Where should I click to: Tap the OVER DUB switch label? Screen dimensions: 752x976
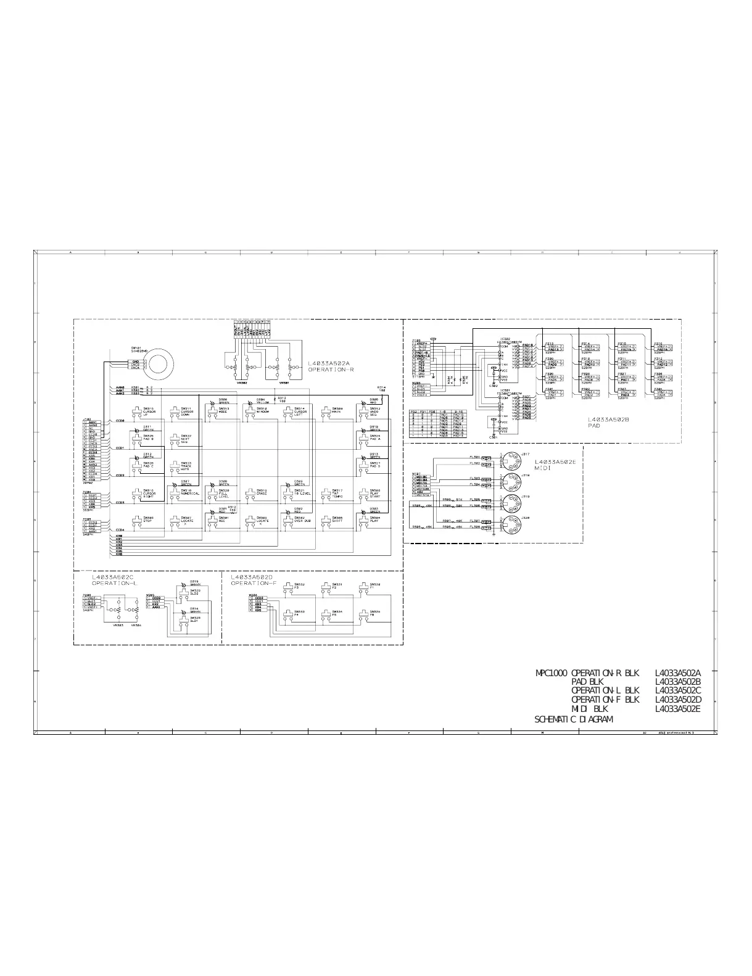click(302, 520)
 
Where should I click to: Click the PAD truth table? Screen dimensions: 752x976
click(439, 423)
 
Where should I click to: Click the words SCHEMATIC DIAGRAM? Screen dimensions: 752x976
click(573, 719)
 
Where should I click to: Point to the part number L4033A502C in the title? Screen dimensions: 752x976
click(678, 691)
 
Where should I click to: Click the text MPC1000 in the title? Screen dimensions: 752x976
click(552, 673)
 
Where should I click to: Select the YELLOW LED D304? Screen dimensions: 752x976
click(250, 403)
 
